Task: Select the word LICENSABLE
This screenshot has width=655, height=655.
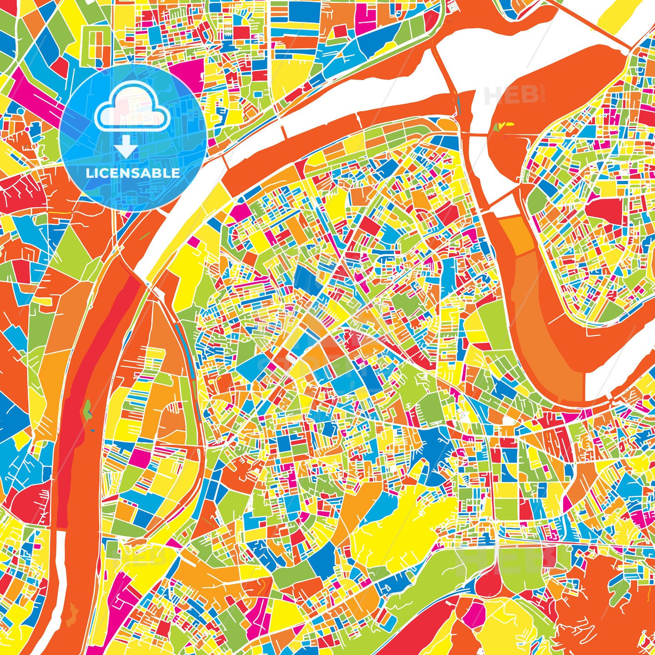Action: [x=133, y=173]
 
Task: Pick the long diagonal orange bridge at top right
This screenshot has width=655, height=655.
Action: [x=591, y=25]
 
